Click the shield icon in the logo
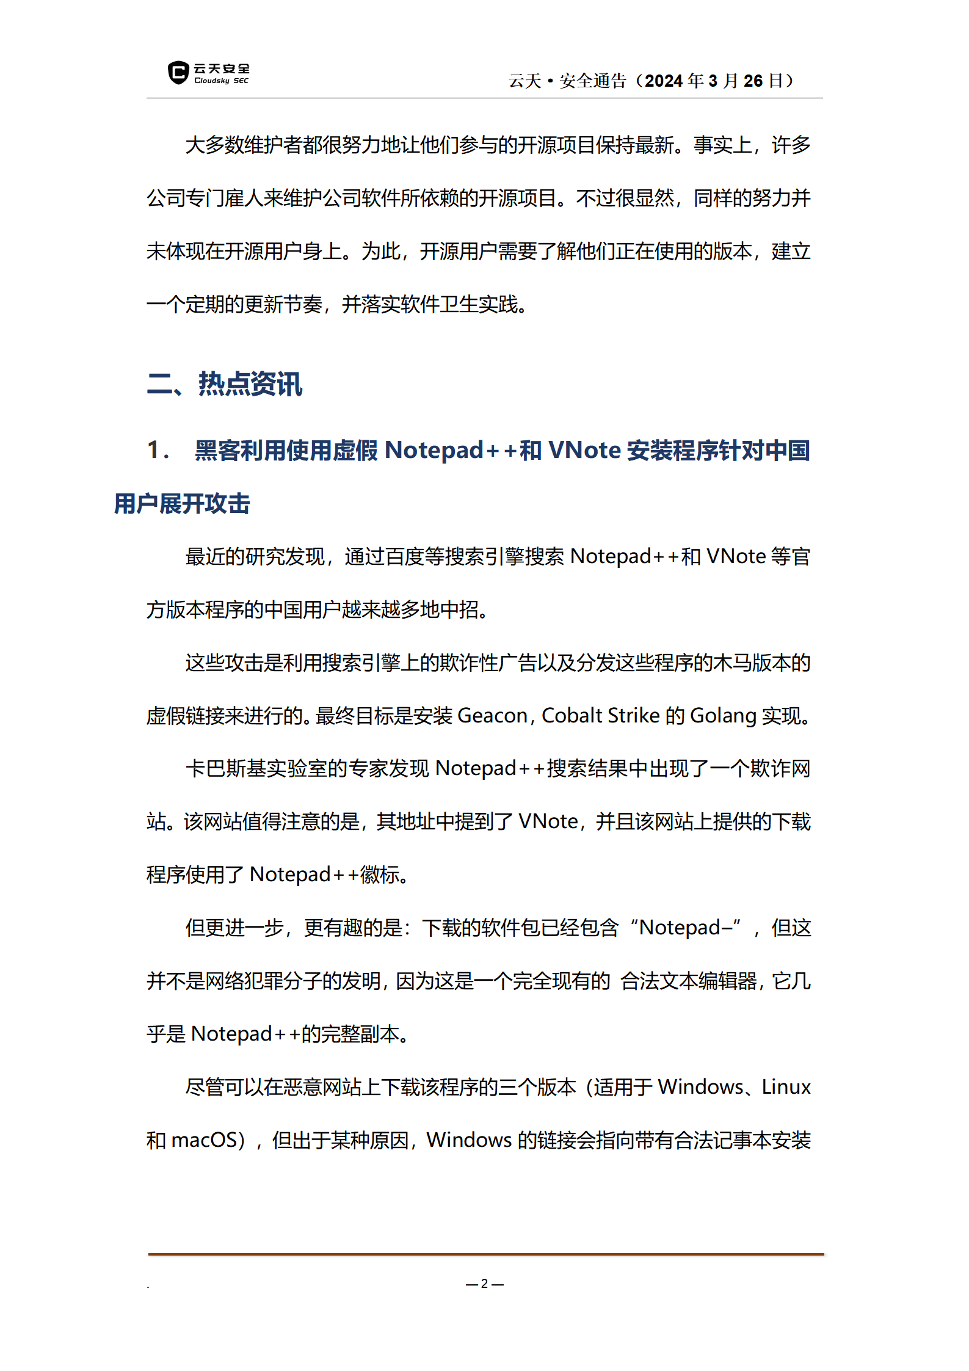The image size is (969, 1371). [x=178, y=73]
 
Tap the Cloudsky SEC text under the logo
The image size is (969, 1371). [x=221, y=81]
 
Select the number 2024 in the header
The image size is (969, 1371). [x=663, y=81]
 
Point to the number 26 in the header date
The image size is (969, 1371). [x=753, y=81]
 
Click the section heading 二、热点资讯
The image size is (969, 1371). [x=225, y=384]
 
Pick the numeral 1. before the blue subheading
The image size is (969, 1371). [x=157, y=450]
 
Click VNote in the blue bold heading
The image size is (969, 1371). [x=584, y=450]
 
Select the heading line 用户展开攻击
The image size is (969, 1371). [x=182, y=504]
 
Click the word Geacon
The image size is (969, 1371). [x=492, y=715]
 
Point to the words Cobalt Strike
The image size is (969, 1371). [x=600, y=715]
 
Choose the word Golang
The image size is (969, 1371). [x=723, y=715]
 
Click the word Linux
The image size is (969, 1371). [x=786, y=1087]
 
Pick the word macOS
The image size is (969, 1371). [x=203, y=1140]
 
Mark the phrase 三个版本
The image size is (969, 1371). [x=537, y=1087]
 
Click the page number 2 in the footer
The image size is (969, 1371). [x=484, y=1284]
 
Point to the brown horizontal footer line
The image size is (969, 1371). [x=485, y=1254]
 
